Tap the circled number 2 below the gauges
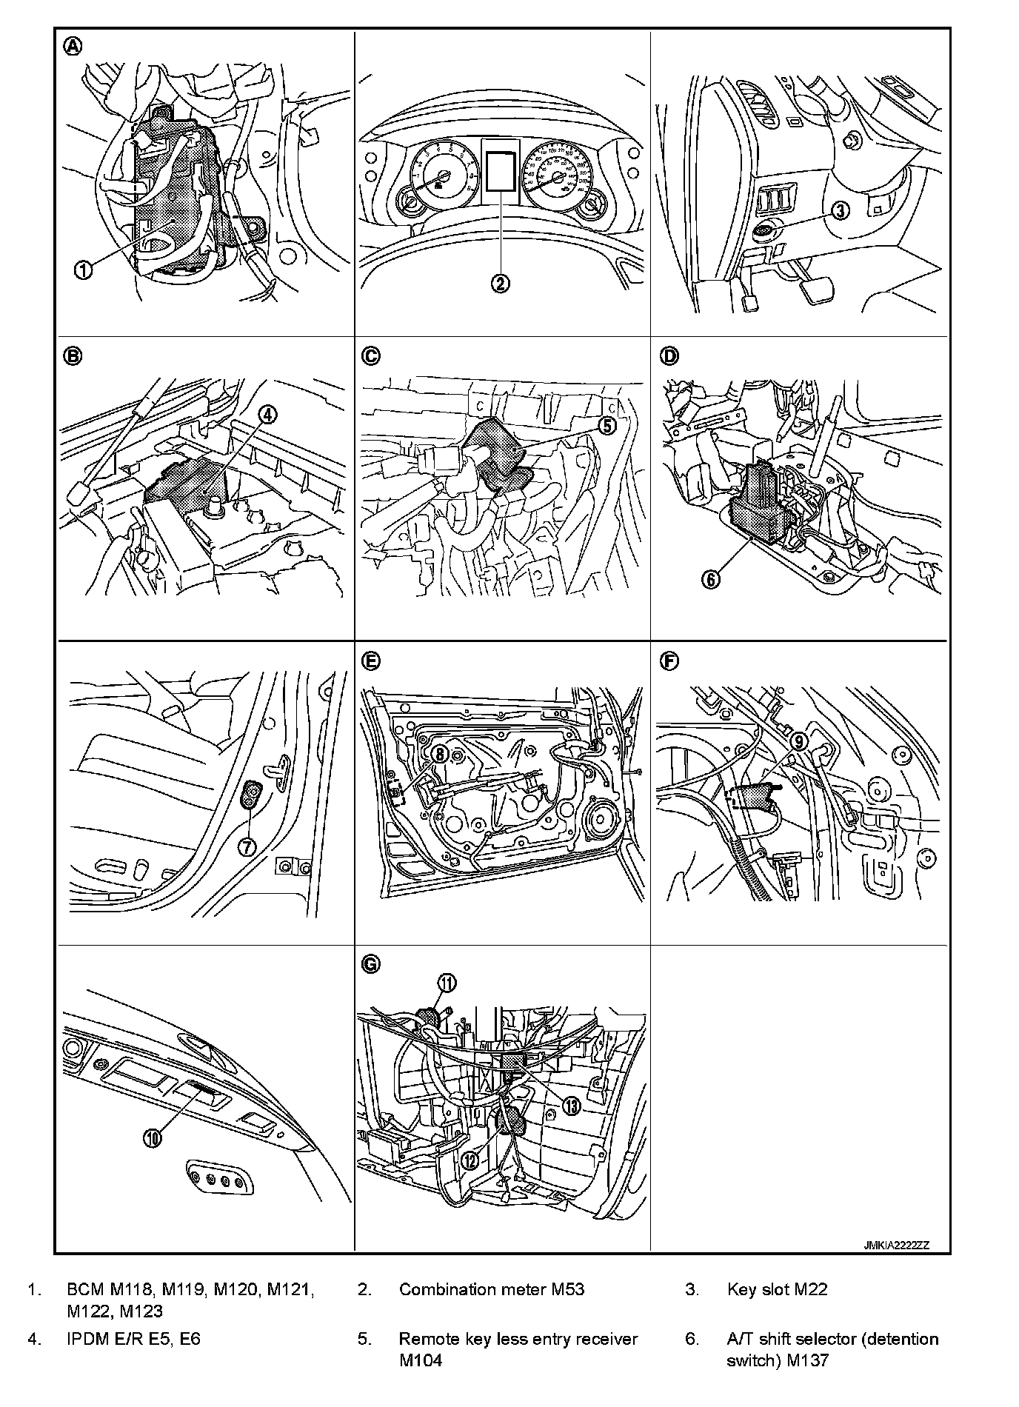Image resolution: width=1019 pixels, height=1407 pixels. click(x=501, y=282)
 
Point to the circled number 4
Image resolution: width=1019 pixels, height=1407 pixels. click(x=267, y=415)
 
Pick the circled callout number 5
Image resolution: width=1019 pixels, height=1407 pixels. click(x=607, y=426)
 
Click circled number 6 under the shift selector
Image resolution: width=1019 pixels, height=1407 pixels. click(x=711, y=580)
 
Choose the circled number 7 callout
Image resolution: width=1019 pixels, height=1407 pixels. click(x=247, y=846)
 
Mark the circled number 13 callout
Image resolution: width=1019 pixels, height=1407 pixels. click(x=572, y=1106)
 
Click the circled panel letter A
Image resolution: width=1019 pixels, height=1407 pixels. click(x=73, y=47)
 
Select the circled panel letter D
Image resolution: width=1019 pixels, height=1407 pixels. click(x=669, y=356)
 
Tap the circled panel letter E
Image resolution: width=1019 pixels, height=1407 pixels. click(x=370, y=660)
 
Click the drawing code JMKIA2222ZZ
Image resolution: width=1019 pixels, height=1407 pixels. click(x=895, y=1245)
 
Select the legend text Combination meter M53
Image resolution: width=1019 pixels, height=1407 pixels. click(x=492, y=1289)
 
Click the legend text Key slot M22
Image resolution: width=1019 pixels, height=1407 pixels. click(x=777, y=1289)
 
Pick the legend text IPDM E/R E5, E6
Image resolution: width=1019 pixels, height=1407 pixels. click(x=133, y=1339)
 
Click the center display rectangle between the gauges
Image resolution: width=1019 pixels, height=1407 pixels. click(x=501, y=169)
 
